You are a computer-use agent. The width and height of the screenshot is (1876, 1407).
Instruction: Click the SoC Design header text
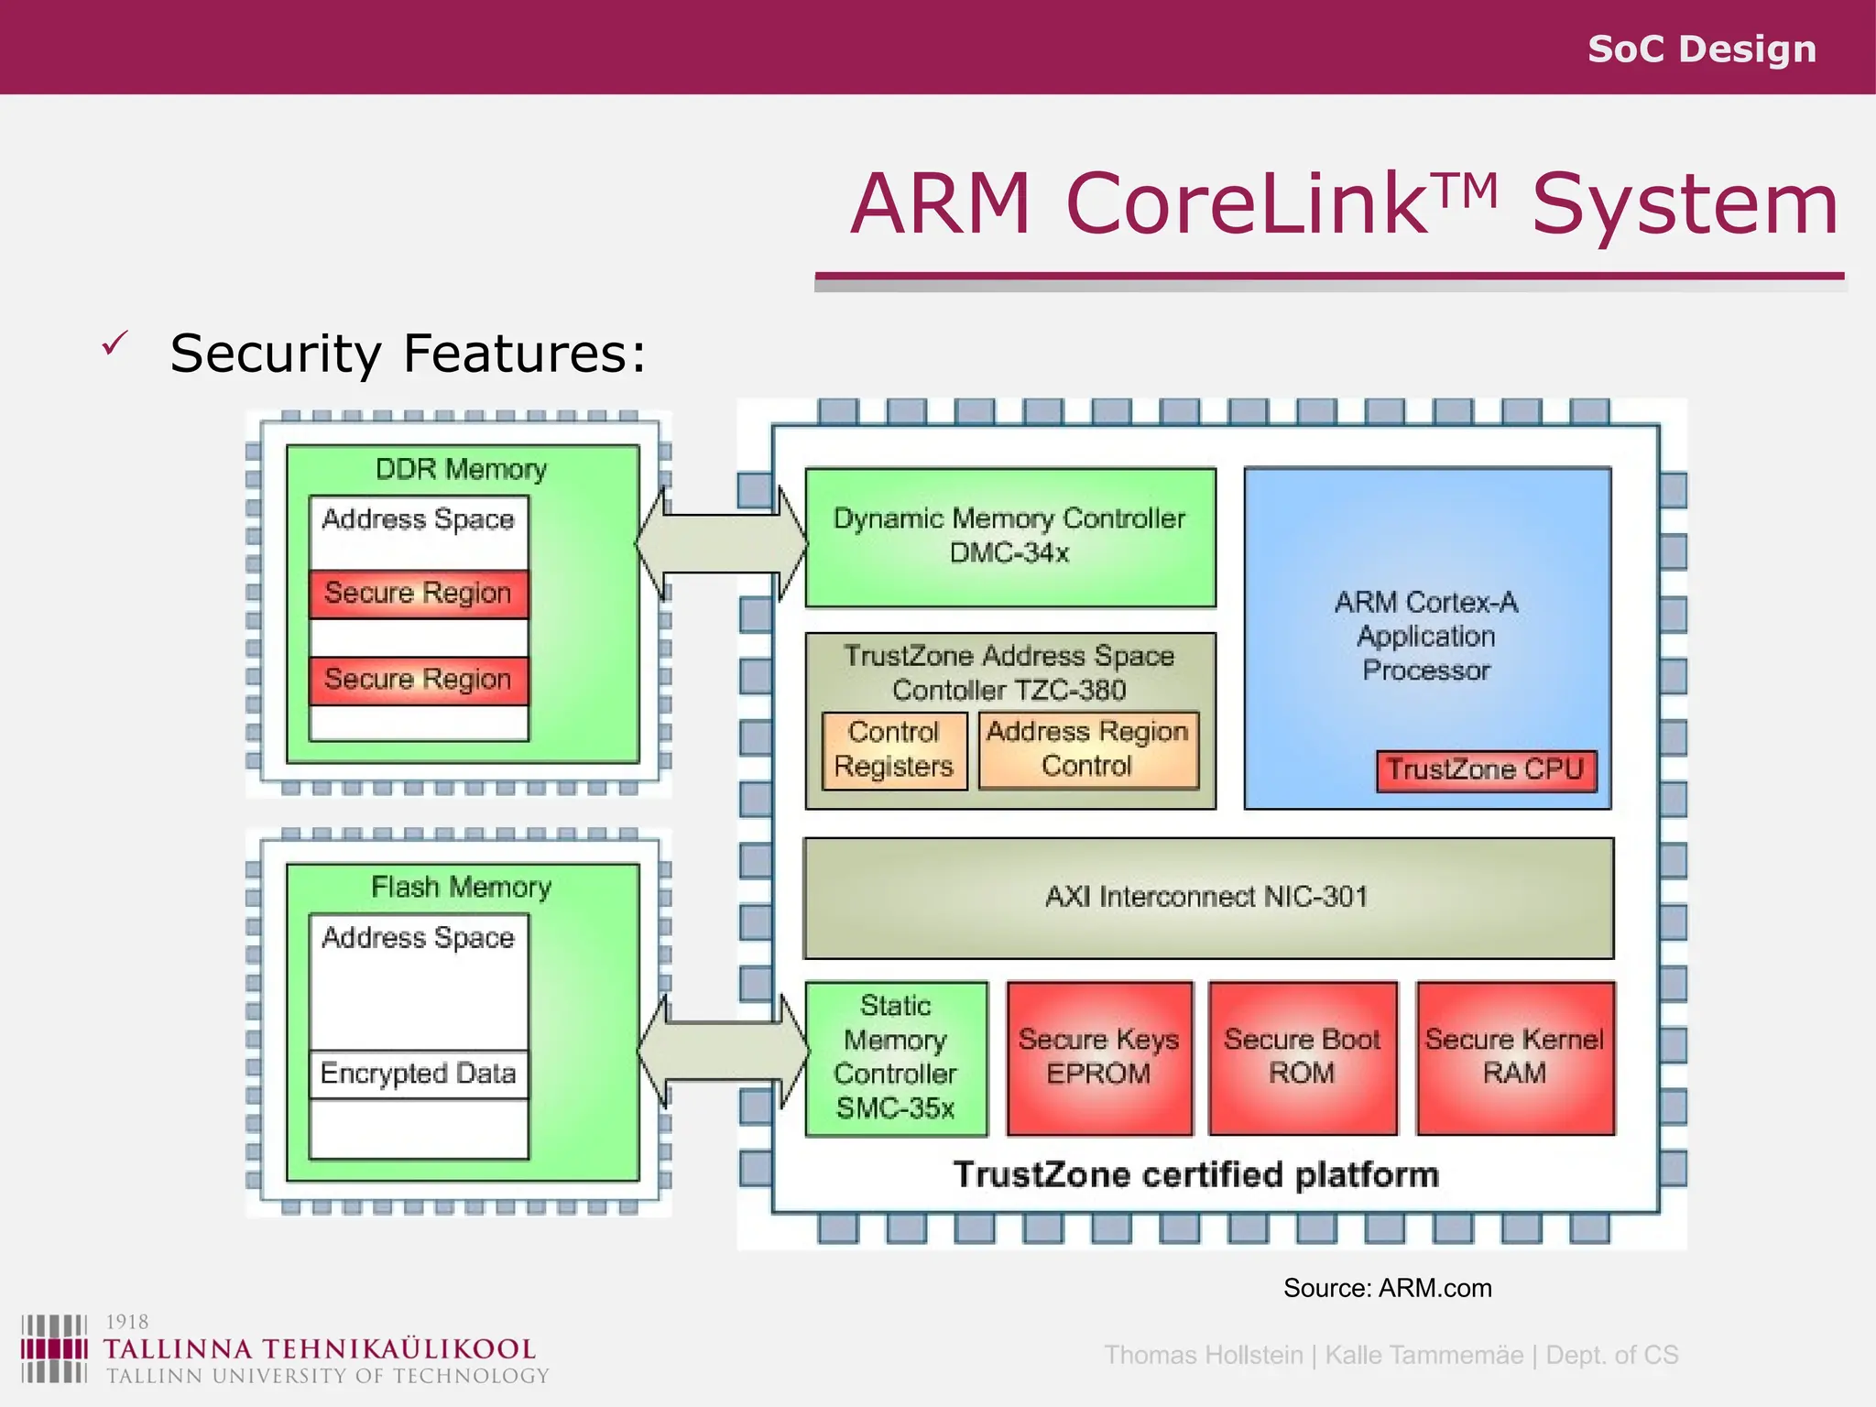coord(1701,49)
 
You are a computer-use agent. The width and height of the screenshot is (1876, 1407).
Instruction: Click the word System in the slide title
coord(1685,205)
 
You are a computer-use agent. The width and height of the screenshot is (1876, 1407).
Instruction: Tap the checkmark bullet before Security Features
coord(115,344)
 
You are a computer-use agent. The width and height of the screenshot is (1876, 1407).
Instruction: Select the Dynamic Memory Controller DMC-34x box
coord(1009,537)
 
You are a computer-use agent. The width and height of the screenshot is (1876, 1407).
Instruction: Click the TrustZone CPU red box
coord(1485,769)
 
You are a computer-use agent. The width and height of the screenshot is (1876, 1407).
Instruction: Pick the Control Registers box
coord(894,750)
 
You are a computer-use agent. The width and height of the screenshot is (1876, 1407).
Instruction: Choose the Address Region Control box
coord(1087,749)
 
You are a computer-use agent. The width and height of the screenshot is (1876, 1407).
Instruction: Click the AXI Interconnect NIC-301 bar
coord(1207,897)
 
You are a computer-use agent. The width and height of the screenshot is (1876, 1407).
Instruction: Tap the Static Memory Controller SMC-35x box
coord(896,1058)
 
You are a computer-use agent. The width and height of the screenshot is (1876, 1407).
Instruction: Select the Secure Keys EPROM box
coord(1098,1057)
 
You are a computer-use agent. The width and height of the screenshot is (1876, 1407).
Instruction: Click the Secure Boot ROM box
coord(1302,1057)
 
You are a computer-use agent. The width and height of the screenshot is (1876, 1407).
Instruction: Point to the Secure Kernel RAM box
coord(1514,1057)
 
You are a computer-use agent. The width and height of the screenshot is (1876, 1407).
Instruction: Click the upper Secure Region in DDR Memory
coord(418,594)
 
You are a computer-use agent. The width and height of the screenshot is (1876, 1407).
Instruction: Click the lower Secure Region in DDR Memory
coord(418,680)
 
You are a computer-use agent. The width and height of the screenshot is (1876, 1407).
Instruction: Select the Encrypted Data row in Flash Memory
coord(418,1074)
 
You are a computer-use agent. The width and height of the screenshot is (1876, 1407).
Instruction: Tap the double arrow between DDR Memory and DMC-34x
coord(721,544)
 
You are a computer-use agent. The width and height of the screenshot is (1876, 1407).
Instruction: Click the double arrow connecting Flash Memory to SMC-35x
coord(722,1053)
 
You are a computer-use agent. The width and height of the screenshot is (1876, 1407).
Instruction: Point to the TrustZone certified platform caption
coord(1195,1175)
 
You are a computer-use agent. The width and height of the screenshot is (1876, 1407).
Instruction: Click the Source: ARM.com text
coord(1387,1288)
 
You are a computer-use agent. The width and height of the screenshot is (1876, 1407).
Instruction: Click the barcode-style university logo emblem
coord(54,1348)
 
